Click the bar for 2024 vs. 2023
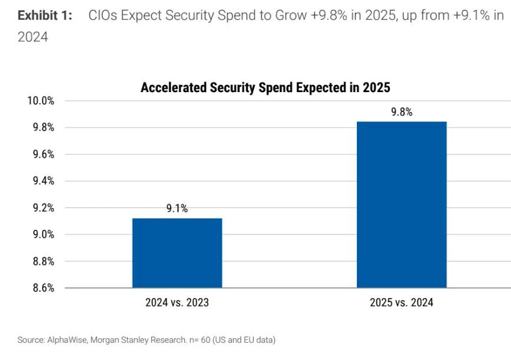point(177,252)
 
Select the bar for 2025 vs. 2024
point(401,204)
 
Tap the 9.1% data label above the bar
point(177,209)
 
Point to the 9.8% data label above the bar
point(401,112)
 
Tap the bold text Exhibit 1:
point(44,15)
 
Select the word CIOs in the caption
point(105,15)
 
